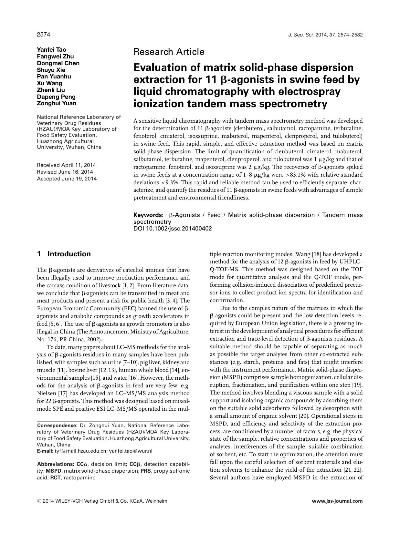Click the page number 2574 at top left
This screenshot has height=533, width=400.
coord(44,35)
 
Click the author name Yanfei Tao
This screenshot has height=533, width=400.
coord(52,49)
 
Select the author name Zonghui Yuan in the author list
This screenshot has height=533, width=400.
coord(57,103)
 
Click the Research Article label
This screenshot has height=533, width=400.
coord(169,52)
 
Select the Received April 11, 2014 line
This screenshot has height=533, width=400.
coord(66,165)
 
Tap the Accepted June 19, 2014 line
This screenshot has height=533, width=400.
coord(67,179)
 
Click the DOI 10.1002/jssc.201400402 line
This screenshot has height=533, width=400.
coord(173,229)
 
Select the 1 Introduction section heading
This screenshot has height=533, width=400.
coord(64,254)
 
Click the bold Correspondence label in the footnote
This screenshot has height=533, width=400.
coord(56,425)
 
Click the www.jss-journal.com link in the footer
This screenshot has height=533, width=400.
coord(337,501)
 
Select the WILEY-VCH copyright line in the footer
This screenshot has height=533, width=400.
coord(102,501)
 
